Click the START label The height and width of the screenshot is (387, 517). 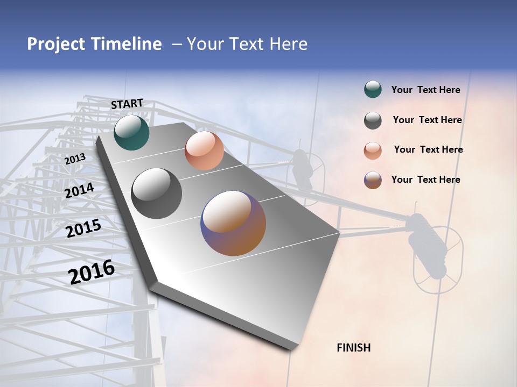[x=127, y=104]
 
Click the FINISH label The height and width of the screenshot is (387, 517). [x=353, y=348]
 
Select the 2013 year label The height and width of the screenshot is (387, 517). [x=75, y=159]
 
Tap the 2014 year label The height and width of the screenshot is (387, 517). [x=79, y=191]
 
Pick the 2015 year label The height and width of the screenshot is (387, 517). [x=83, y=229]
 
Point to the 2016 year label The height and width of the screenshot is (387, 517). [x=92, y=271]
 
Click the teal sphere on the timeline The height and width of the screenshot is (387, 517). [x=131, y=132]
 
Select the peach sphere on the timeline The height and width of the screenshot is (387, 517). [x=204, y=150]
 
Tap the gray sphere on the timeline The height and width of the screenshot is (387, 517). [x=157, y=193]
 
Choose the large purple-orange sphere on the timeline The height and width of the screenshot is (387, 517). [x=233, y=223]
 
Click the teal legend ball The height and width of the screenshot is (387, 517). [x=373, y=90]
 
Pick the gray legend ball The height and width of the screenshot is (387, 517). [x=373, y=120]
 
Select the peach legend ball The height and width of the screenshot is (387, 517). [x=373, y=150]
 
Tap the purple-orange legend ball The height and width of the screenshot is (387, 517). [x=373, y=180]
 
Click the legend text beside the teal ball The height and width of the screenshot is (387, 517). [x=425, y=90]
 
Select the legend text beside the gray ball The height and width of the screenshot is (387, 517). [x=427, y=120]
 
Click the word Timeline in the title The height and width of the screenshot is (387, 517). [x=126, y=44]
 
